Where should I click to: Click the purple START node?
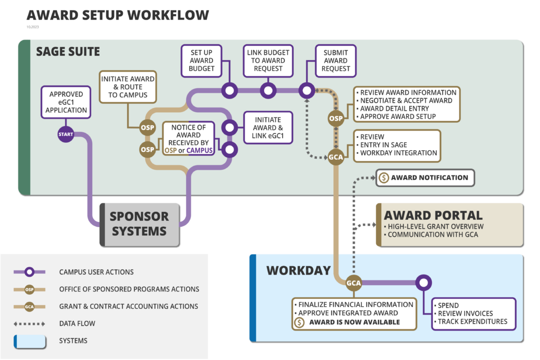pos(66,134)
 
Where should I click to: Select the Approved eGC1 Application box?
pos(65,102)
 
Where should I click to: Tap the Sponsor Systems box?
pos(140,224)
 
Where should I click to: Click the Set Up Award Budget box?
pos(201,61)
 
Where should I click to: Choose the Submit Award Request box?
pos(335,61)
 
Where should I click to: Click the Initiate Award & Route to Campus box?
pos(127,87)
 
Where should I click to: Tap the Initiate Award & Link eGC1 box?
pos(267,128)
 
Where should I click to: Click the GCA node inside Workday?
pos(353,283)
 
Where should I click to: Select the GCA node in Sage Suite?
pos(336,157)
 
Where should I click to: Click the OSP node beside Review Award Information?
pos(336,119)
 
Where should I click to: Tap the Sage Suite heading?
pos(67,52)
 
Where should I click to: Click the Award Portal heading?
pos(432,215)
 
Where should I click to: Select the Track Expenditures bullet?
pos(472,322)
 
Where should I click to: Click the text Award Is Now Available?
pos(354,322)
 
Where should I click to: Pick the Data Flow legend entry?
pos(77,323)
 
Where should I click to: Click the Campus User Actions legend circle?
pos(30,272)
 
